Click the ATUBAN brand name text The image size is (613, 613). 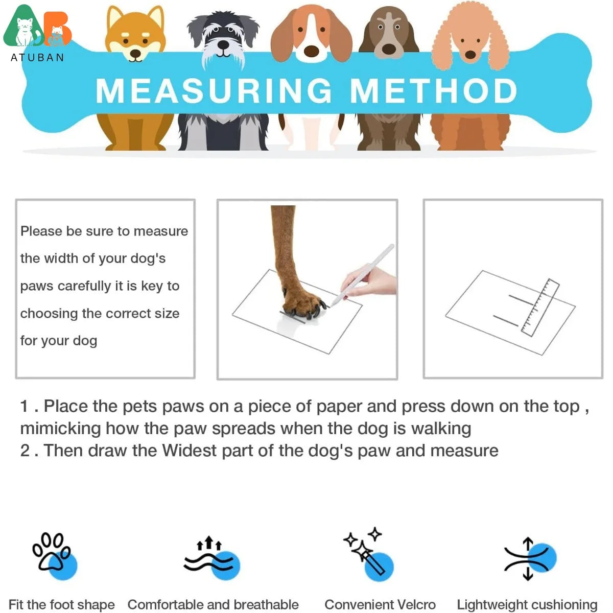point(37,58)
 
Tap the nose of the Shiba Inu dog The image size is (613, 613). point(136,53)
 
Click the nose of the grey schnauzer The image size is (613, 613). point(223,44)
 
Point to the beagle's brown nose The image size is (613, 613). point(312,51)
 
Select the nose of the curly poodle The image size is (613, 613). point(470,54)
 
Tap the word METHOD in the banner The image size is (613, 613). point(434,91)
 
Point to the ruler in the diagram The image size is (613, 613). point(540,308)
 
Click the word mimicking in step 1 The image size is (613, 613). point(61,429)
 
